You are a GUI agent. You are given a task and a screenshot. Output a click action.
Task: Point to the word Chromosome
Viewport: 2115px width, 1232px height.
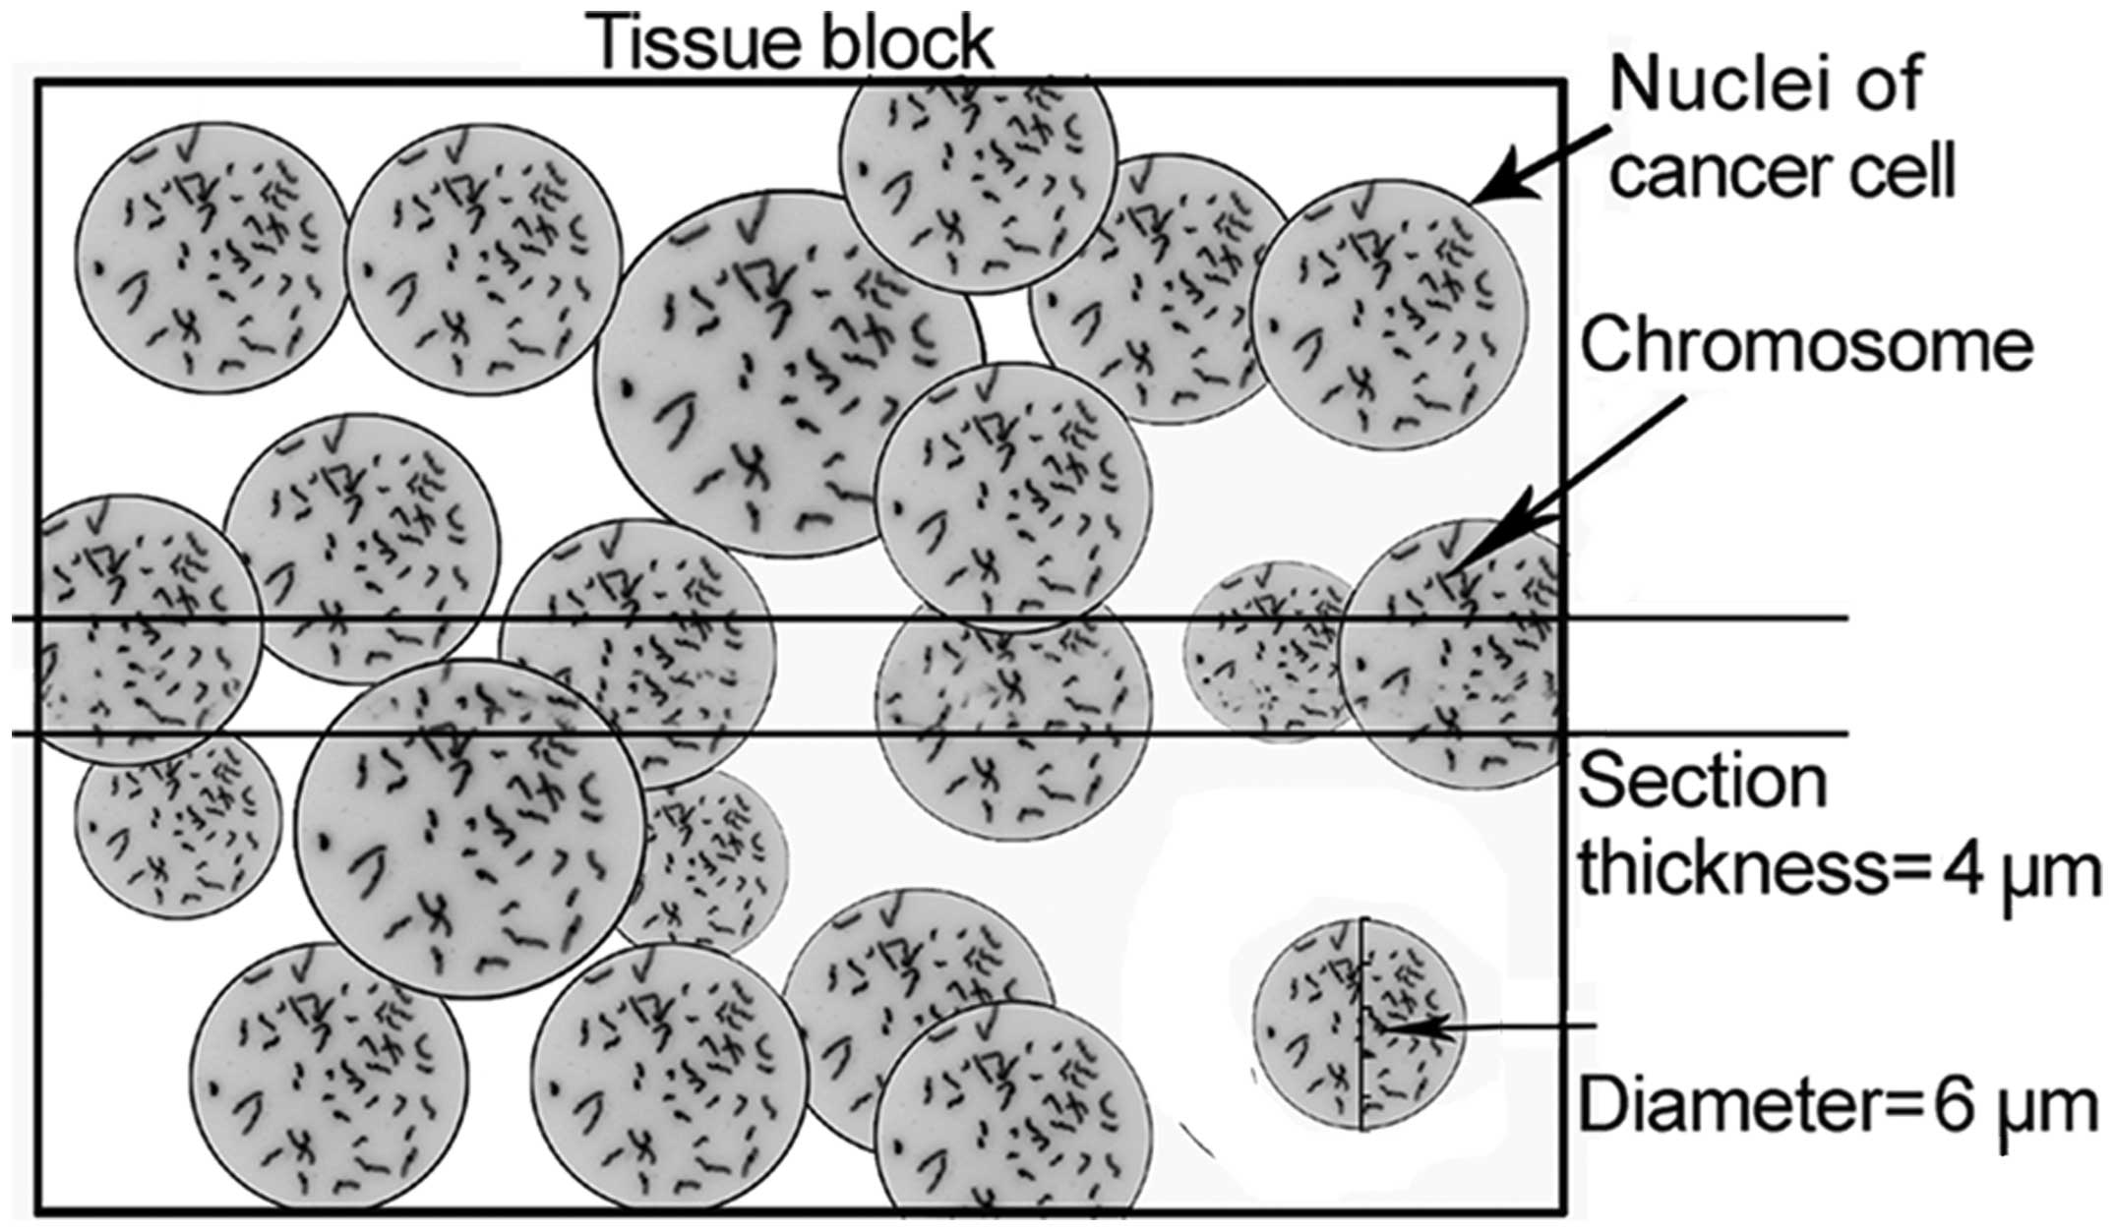1806,346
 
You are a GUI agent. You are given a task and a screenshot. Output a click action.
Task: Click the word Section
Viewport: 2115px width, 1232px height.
1703,782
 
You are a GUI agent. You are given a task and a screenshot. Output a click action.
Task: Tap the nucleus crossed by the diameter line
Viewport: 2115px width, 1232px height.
1360,1023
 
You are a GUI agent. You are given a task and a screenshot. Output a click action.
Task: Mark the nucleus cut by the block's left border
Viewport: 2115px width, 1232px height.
138,629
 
